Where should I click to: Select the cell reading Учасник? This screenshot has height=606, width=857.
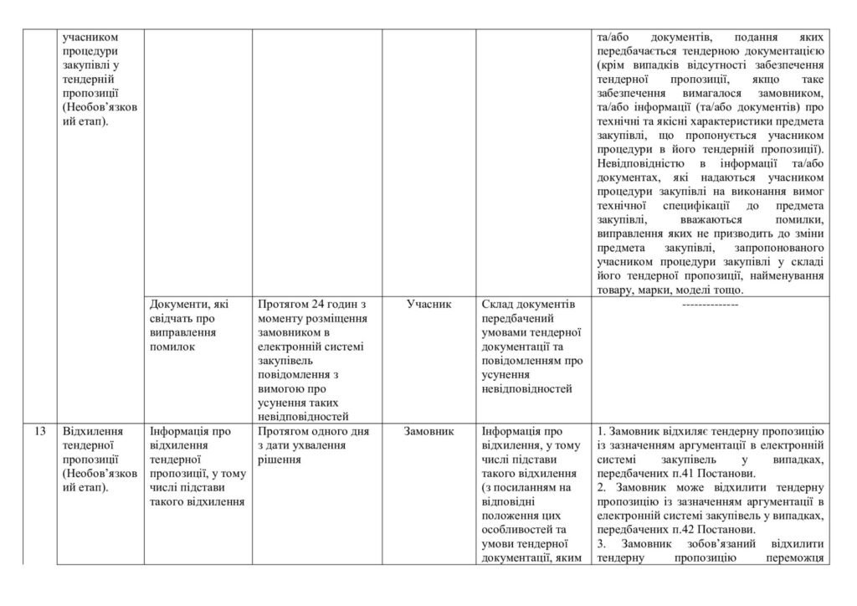click(x=428, y=305)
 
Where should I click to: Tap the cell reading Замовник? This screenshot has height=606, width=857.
click(x=428, y=432)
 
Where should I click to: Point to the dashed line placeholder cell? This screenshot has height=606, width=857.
click(x=710, y=306)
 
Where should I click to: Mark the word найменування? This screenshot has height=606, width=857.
click(x=791, y=276)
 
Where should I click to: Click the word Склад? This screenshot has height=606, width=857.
click(x=500, y=305)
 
